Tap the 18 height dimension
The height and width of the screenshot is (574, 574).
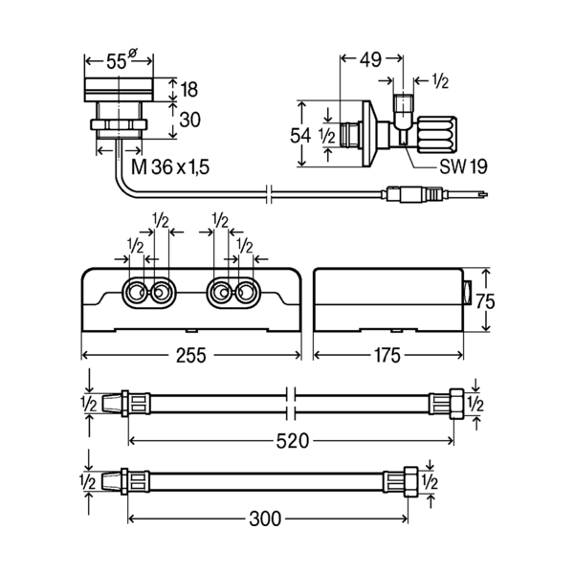(188, 89)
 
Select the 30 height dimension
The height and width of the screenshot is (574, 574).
(189, 120)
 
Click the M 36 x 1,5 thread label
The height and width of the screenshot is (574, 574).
(170, 167)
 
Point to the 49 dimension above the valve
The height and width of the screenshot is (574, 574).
(370, 59)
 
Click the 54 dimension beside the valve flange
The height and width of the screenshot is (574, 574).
(300, 136)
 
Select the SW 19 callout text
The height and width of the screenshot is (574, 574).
(463, 166)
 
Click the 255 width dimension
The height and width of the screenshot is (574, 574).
(191, 355)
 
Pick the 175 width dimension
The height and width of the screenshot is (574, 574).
(387, 355)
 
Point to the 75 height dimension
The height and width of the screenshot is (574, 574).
(485, 301)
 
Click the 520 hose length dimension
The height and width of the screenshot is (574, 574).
(293, 440)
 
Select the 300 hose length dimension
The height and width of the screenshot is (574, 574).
(265, 519)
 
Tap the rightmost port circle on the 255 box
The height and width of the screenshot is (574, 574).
(245, 293)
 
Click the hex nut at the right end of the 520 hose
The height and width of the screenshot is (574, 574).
(456, 404)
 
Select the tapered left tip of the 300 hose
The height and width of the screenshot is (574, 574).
(111, 482)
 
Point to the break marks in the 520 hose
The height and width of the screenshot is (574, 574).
(291, 404)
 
